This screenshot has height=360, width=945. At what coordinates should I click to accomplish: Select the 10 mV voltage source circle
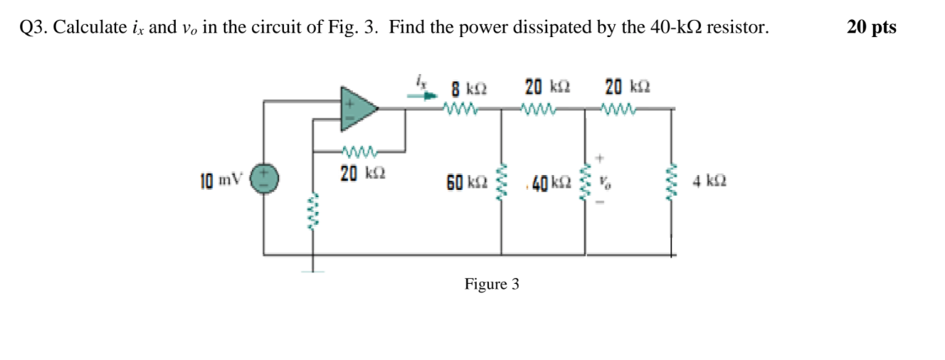click(263, 177)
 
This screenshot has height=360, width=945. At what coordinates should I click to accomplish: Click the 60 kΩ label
click(467, 183)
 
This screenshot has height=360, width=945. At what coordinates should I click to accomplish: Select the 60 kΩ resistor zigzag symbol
click(502, 181)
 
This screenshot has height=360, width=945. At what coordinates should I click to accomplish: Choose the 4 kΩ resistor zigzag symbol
click(672, 181)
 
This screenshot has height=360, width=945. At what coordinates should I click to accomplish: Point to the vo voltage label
click(603, 182)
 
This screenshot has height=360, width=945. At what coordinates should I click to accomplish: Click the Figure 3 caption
click(492, 285)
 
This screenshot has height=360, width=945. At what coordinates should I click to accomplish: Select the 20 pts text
click(872, 28)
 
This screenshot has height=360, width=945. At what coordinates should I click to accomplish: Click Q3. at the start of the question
click(34, 28)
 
